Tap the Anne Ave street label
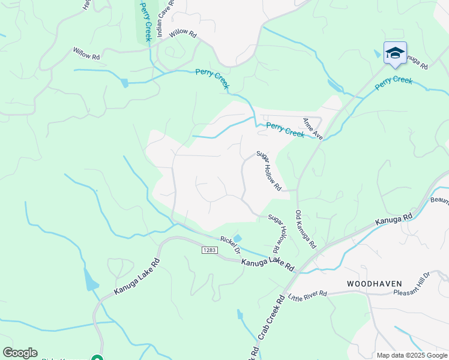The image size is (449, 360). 312,128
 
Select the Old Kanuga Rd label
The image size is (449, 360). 305,229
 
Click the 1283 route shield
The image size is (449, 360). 209,249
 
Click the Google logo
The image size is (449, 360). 20,353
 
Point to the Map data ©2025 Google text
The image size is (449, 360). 411,355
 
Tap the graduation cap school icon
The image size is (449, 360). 395,53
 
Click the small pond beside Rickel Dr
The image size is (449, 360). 237,239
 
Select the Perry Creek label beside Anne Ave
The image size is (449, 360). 285,130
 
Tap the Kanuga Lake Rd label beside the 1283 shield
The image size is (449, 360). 268,264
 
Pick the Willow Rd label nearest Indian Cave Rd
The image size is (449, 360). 183,34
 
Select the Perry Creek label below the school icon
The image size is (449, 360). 394,83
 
